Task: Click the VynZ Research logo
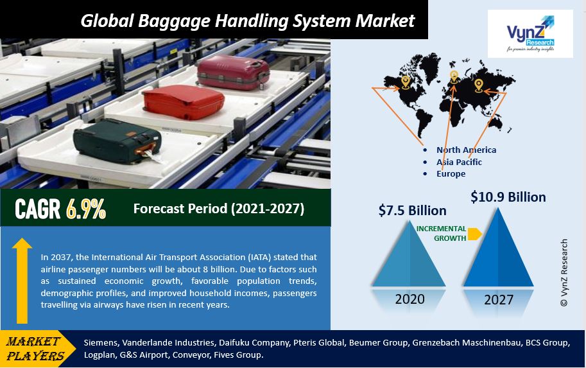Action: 530,33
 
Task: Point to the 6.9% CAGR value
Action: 86,209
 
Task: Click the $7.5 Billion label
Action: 412,211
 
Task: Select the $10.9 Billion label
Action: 508,197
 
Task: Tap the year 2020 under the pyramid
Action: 410,299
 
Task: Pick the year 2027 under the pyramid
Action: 499,300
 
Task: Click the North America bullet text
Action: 466,150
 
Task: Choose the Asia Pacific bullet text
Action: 459,162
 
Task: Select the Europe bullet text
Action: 451,173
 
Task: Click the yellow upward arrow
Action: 22,280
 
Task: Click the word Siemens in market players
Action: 101,343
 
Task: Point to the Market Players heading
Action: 36,348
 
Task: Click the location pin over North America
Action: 405,82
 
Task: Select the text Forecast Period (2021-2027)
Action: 219,209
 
